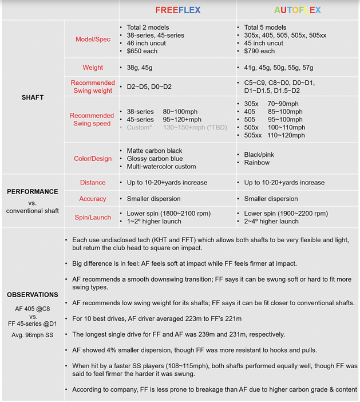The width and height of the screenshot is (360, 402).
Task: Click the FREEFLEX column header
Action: [177, 10]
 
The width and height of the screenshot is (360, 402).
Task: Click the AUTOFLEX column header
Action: [297, 10]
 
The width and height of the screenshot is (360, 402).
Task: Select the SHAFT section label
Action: [32, 97]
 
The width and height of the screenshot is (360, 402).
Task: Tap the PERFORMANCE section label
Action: [32, 191]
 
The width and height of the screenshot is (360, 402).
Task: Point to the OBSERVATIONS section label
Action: [32, 294]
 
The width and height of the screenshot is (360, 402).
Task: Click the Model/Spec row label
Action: [93, 40]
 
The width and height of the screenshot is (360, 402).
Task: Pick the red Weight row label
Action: [93, 68]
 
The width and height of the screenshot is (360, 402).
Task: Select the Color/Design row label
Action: [93, 159]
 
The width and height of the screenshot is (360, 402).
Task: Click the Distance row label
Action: [93, 183]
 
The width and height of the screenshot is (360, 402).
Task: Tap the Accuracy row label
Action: [93, 199]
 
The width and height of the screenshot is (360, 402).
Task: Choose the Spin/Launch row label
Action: [93, 217]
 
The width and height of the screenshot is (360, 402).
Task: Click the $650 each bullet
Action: [143, 51]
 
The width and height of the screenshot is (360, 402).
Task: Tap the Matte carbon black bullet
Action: [155, 151]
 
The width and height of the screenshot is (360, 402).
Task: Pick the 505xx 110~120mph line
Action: [274, 136]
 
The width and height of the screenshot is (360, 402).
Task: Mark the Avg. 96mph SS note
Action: [32, 335]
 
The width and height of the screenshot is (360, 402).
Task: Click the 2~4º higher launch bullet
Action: [271, 221]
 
